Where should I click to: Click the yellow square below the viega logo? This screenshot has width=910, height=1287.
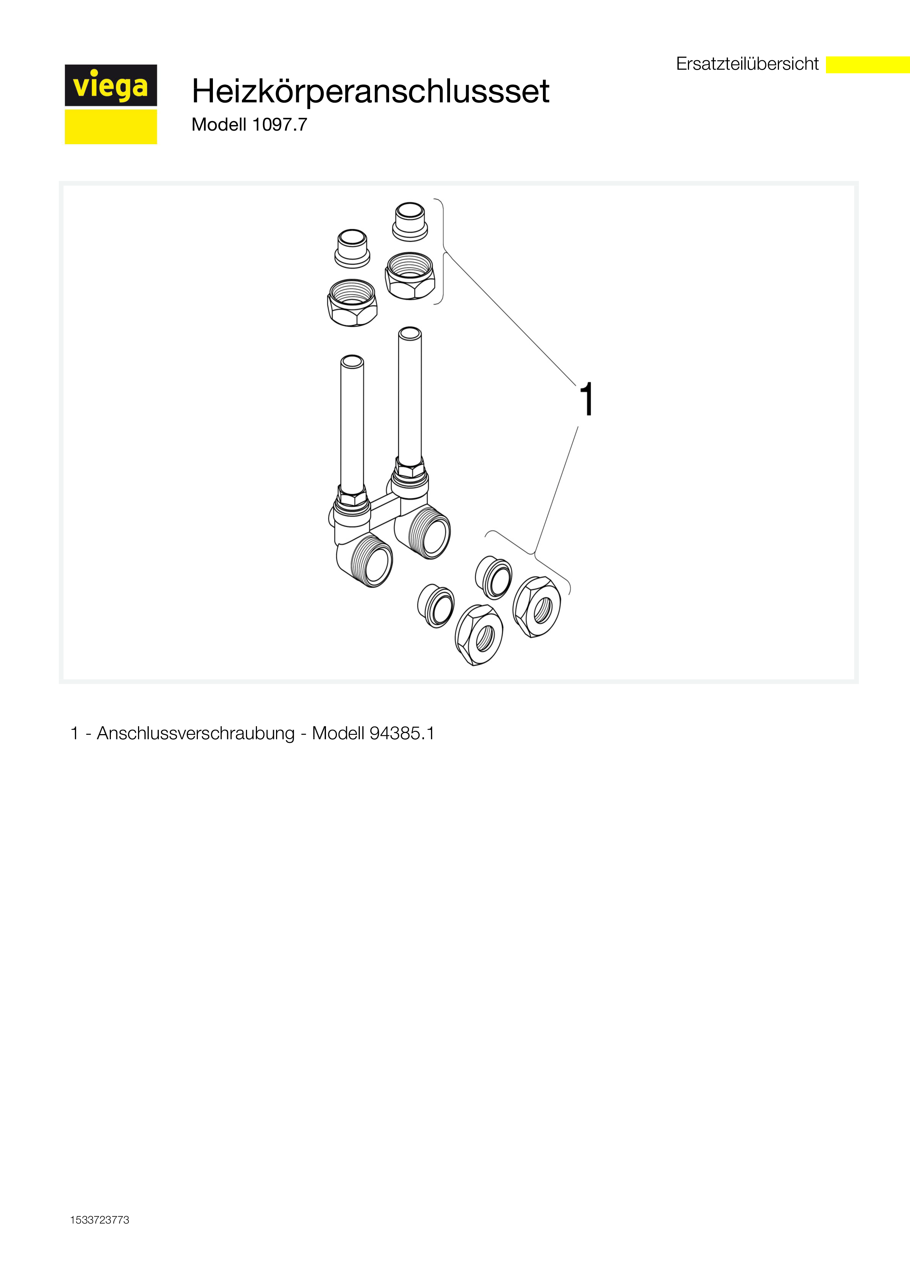(x=111, y=127)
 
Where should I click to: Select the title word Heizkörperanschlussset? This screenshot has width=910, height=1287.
(x=371, y=91)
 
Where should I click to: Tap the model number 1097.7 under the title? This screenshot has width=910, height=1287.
(x=280, y=124)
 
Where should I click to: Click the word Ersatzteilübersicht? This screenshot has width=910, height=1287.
(x=747, y=64)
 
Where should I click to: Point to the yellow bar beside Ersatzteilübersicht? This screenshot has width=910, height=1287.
(x=868, y=65)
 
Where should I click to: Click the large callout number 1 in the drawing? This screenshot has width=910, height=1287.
(x=587, y=399)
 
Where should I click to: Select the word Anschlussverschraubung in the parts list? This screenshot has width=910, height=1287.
(x=196, y=733)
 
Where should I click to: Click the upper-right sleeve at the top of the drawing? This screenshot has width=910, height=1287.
(x=410, y=222)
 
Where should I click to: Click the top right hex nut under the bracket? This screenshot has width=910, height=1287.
(x=410, y=275)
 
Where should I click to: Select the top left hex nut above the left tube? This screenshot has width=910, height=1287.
(x=352, y=303)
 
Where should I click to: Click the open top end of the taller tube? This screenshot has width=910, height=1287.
(x=410, y=333)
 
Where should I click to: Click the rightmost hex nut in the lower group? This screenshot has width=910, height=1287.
(x=537, y=607)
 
